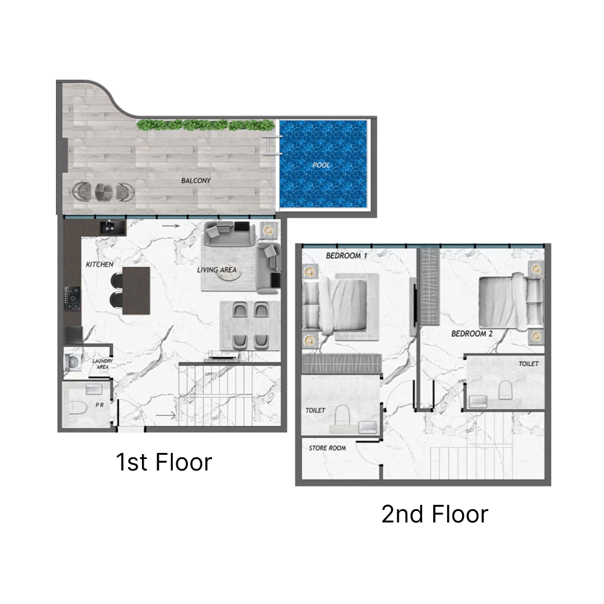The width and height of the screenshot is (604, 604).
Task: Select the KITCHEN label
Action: click(x=100, y=265)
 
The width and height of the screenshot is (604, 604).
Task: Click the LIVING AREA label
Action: click(x=217, y=270)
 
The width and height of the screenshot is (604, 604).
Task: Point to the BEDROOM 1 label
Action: click(x=347, y=255)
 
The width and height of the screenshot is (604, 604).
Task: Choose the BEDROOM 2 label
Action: click(x=472, y=333)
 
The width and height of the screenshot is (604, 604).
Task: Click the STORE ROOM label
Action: click(x=327, y=448)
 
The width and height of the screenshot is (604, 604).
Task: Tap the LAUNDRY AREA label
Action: click(x=102, y=364)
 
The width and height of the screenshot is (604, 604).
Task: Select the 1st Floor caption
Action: click(x=164, y=462)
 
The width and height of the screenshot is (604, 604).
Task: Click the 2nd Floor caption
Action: click(x=434, y=515)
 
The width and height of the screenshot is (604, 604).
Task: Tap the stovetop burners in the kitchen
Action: click(x=73, y=298)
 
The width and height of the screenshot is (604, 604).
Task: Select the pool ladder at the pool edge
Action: click(x=270, y=144)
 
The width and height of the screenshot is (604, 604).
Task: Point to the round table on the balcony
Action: click(x=103, y=191)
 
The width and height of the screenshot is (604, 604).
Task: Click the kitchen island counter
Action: click(x=136, y=291)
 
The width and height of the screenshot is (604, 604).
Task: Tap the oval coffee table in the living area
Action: click(x=227, y=272)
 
